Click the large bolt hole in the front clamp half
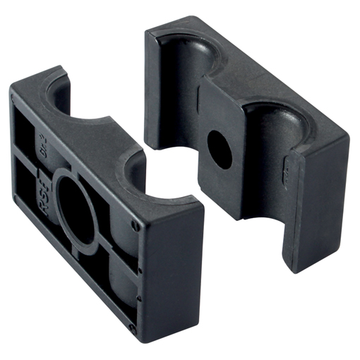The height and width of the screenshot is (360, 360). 76,205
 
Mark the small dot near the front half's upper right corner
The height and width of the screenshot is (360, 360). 134,225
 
